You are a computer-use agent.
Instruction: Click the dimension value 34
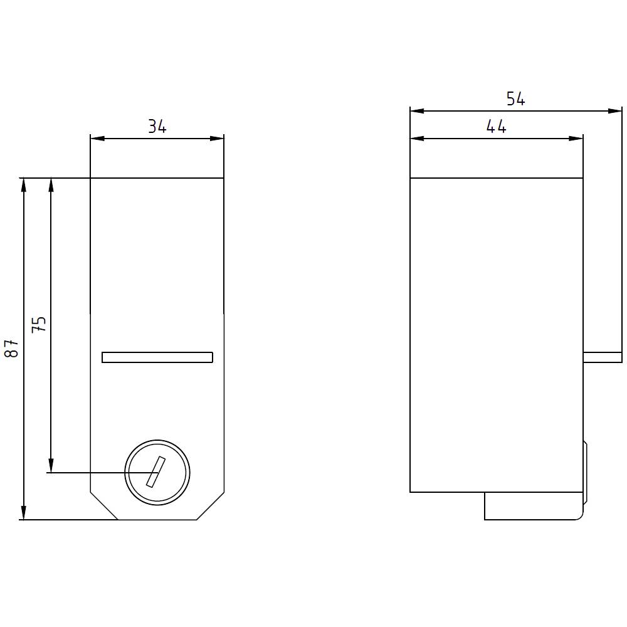coord(157,127)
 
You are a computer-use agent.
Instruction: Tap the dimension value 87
coord(12,349)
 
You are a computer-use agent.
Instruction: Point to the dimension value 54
coord(515,99)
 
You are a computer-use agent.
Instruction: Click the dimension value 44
coord(496,127)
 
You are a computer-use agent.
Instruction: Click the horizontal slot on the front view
coord(157,357)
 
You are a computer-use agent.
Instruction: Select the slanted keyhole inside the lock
coord(155,472)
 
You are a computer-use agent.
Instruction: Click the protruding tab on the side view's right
coord(603,357)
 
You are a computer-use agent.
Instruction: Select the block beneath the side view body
coord(533,506)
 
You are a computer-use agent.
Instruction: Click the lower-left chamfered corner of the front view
coord(104,507)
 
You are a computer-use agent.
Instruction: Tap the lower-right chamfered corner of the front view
coord(211,507)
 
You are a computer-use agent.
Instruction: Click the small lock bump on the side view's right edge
coord(586,470)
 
